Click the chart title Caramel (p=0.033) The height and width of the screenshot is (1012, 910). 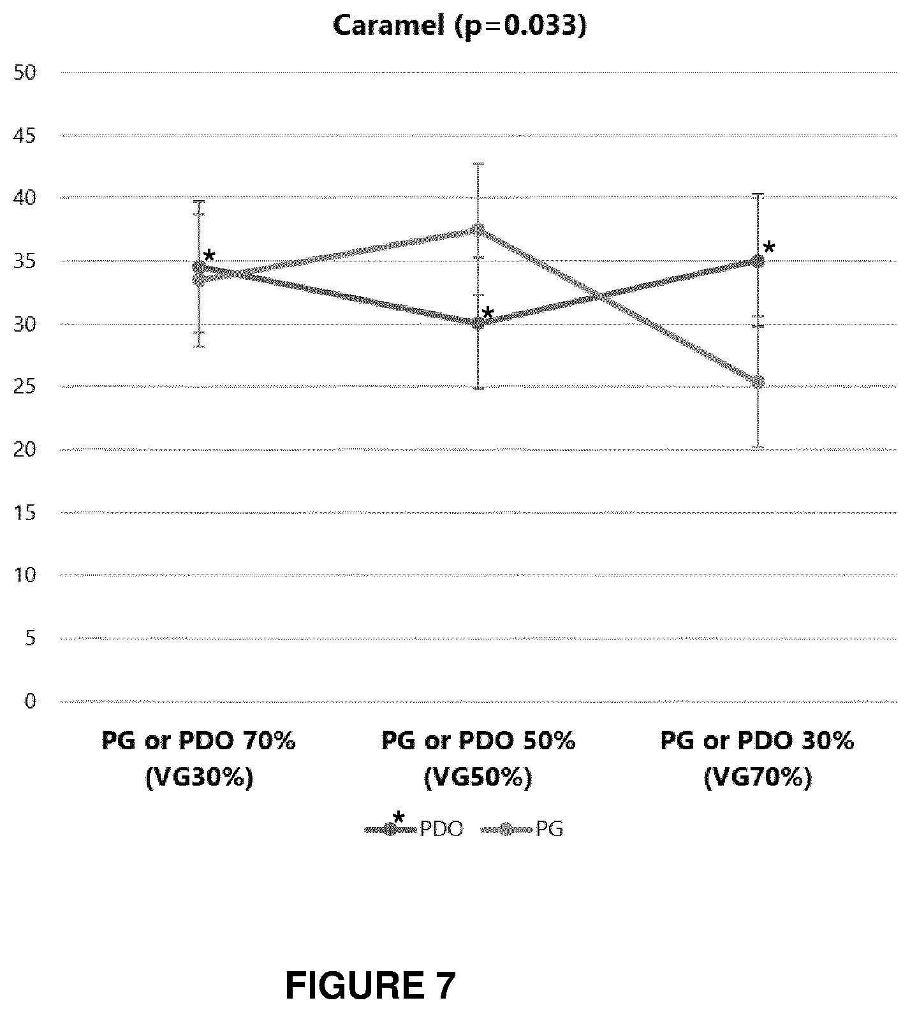pos(459,26)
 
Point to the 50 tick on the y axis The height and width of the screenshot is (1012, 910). pos(26,73)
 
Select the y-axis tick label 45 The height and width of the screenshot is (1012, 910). pos(26,136)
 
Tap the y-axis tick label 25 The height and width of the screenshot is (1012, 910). pos(26,387)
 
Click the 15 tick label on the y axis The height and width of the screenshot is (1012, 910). pos(26,513)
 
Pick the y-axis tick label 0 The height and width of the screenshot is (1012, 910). pos(31,701)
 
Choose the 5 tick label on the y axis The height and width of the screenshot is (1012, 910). pos(31,638)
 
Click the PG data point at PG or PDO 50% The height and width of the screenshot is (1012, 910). pos(478,230)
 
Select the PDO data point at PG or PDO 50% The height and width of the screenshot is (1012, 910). pos(478,323)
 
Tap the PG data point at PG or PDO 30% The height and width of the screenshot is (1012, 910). pos(758,381)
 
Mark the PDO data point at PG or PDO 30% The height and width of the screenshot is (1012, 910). pos(758,261)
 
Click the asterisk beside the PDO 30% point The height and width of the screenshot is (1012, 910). pos(769,248)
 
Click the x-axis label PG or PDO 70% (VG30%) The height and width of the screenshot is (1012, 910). pos(199,759)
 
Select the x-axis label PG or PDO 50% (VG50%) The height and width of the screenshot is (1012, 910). pos(478,759)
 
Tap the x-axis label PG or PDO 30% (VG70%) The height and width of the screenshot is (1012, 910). pos(758,759)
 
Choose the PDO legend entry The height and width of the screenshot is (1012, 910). pos(414,829)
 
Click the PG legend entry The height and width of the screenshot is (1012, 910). pos(523,830)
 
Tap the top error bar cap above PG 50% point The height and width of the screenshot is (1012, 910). pos(478,164)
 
